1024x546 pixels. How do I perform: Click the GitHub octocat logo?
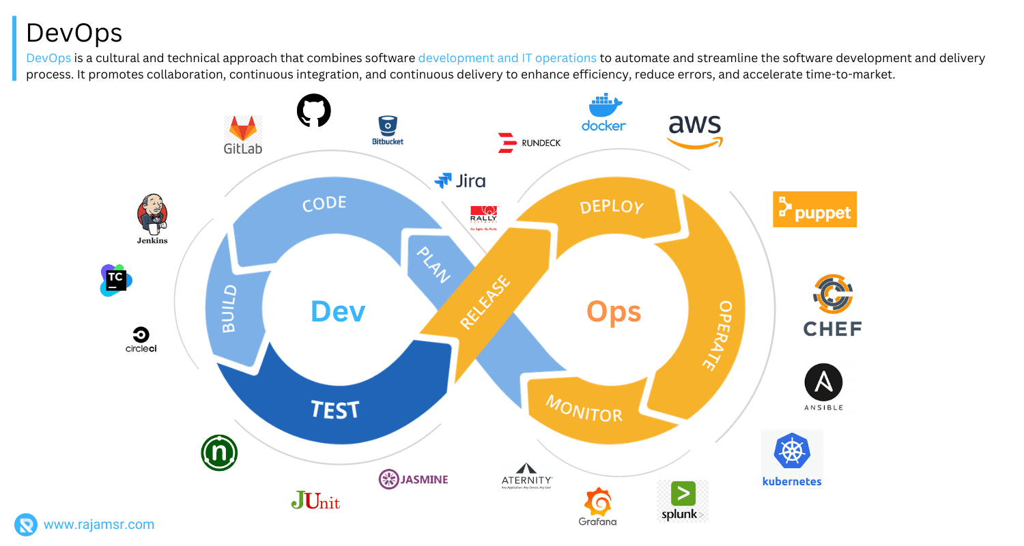314,111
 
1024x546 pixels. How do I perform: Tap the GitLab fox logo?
243,129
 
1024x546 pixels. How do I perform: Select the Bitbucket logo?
388,126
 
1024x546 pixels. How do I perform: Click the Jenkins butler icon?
152,213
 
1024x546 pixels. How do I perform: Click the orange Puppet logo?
814,210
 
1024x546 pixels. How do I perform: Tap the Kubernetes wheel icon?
792,451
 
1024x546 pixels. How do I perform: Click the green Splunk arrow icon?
683,493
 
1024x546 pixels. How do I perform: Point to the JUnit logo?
315,501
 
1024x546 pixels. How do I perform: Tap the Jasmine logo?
414,479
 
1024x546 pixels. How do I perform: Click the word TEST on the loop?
335,409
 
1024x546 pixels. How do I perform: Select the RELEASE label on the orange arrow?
485,302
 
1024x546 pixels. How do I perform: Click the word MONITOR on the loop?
584,408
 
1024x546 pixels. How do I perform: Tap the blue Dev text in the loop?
338,311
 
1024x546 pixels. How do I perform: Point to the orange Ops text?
614,311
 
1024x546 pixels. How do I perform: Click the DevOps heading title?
74,33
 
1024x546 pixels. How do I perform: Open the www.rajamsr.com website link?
98,525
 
